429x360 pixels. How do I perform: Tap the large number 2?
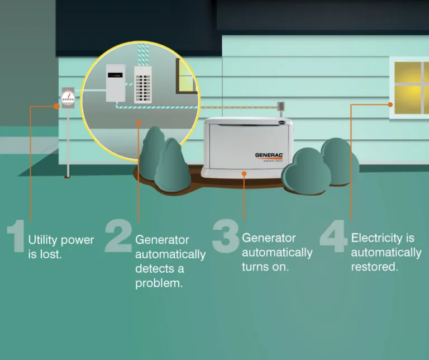pos(118,236)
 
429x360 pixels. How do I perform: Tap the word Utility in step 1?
pos(43,240)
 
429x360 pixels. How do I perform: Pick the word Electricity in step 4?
pos(375,238)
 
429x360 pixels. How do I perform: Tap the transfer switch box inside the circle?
pos(116,82)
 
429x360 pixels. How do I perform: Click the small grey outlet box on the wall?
pos(282,106)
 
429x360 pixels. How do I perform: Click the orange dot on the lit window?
pos(390,105)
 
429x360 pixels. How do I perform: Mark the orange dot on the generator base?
pos(244,174)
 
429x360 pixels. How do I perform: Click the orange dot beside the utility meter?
pos(56,106)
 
